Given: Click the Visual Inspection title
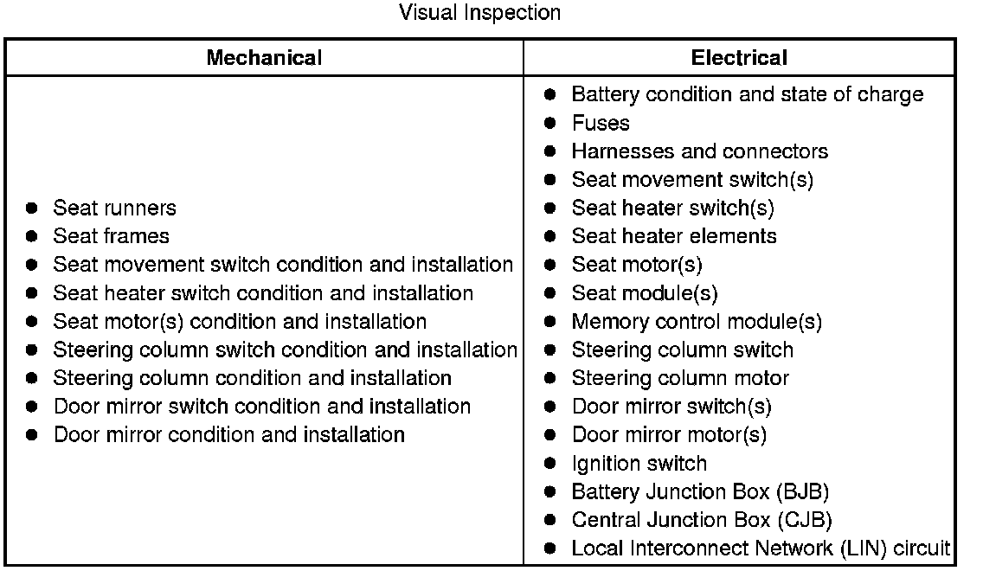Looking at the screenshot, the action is pos(479,13).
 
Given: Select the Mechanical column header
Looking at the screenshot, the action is pos(264,58).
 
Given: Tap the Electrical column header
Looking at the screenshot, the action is pos(739,58).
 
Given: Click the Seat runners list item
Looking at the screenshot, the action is pos(114,208).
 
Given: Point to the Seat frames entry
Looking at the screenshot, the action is pos(111,236).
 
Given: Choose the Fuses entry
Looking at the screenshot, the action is pos(601,123).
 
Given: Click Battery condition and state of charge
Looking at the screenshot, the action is pos(747,94).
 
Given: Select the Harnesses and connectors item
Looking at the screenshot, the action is pos(699,151).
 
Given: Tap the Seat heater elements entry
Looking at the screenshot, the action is pos(674,236).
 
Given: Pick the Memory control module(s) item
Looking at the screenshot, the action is pos(697,322).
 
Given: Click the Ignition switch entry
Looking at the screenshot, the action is pos(639,464).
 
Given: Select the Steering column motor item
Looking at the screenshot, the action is pos(680,378).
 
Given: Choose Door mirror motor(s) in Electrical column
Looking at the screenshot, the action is pos(669,435).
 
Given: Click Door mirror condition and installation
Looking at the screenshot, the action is pos(228,434).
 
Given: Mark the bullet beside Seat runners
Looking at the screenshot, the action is pos(32,209).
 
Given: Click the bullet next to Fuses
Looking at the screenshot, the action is pos(550,124).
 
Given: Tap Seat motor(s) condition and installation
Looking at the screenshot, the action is pos(240,322).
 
